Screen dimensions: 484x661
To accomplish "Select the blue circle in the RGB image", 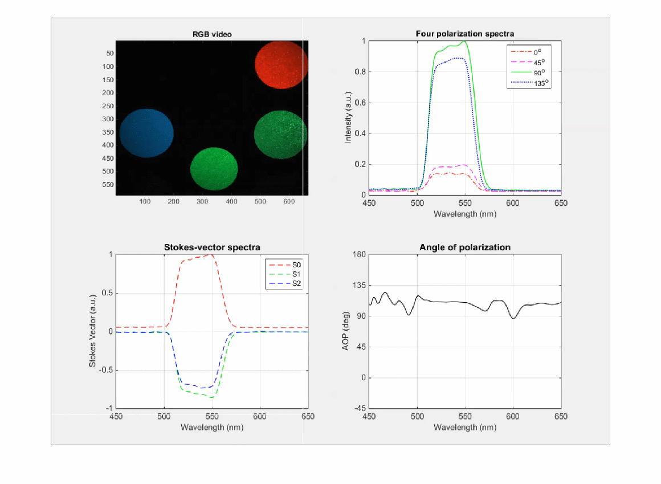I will coord(146,133).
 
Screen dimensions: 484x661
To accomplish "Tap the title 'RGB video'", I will coord(212,34).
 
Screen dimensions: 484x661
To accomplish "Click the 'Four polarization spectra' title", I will coord(465,34).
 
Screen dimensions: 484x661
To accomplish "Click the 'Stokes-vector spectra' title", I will coord(212,247).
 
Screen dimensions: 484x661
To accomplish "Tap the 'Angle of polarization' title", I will coord(465,247).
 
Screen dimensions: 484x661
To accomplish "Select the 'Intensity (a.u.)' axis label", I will coord(348,117).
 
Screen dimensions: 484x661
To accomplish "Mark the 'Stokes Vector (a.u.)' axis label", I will coord(92,331).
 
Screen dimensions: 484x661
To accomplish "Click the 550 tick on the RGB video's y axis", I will coord(107,185).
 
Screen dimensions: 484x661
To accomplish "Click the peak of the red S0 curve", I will coord(211,255).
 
